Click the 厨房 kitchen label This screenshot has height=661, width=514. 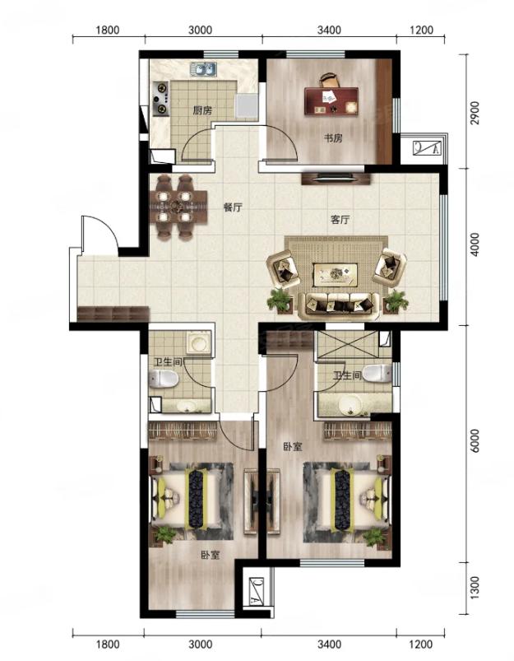pyautogui.click(x=202, y=111)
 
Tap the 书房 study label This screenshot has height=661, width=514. pyautogui.click(x=333, y=137)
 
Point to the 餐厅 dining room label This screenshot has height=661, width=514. pyautogui.click(x=233, y=207)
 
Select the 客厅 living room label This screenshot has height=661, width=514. pyautogui.click(x=340, y=220)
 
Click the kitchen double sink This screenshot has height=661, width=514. pyautogui.click(x=203, y=69)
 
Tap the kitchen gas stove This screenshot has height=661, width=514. pyautogui.click(x=160, y=99)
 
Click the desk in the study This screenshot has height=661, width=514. pyautogui.click(x=331, y=100)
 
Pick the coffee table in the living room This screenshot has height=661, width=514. pyautogui.click(x=336, y=273)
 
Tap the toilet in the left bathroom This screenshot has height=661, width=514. pyautogui.click(x=164, y=379)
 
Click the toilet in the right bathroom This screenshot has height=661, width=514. pyautogui.click(x=377, y=373)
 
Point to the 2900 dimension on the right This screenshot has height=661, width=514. pyautogui.click(x=475, y=113)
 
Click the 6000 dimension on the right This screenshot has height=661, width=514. pyautogui.click(x=475, y=440)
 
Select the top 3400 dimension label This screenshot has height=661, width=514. pyautogui.click(x=329, y=30)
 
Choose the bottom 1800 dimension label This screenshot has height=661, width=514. pyautogui.click(x=108, y=645)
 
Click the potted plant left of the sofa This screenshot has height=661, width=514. pyautogui.click(x=280, y=300)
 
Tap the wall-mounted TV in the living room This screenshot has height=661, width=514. pyautogui.click(x=336, y=178)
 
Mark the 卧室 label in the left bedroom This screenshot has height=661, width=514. pyautogui.click(x=210, y=555)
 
